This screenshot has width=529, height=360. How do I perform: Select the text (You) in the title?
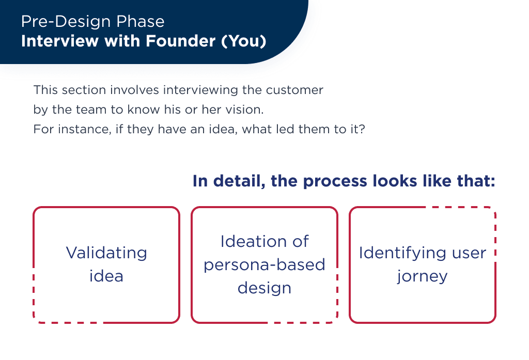[x=244, y=42]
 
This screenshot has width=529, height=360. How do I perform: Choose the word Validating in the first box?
[x=106, y=253]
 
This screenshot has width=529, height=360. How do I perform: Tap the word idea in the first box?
[x=106, y=276]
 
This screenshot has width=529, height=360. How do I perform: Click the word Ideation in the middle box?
[x=264, y=241]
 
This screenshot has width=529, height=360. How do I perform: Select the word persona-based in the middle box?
[x=264, y=265]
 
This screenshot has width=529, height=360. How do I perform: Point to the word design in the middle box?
[x=264, y=288]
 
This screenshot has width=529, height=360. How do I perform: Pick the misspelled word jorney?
[x=422, y=276]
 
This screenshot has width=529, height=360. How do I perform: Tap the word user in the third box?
[x=468, y=253]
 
